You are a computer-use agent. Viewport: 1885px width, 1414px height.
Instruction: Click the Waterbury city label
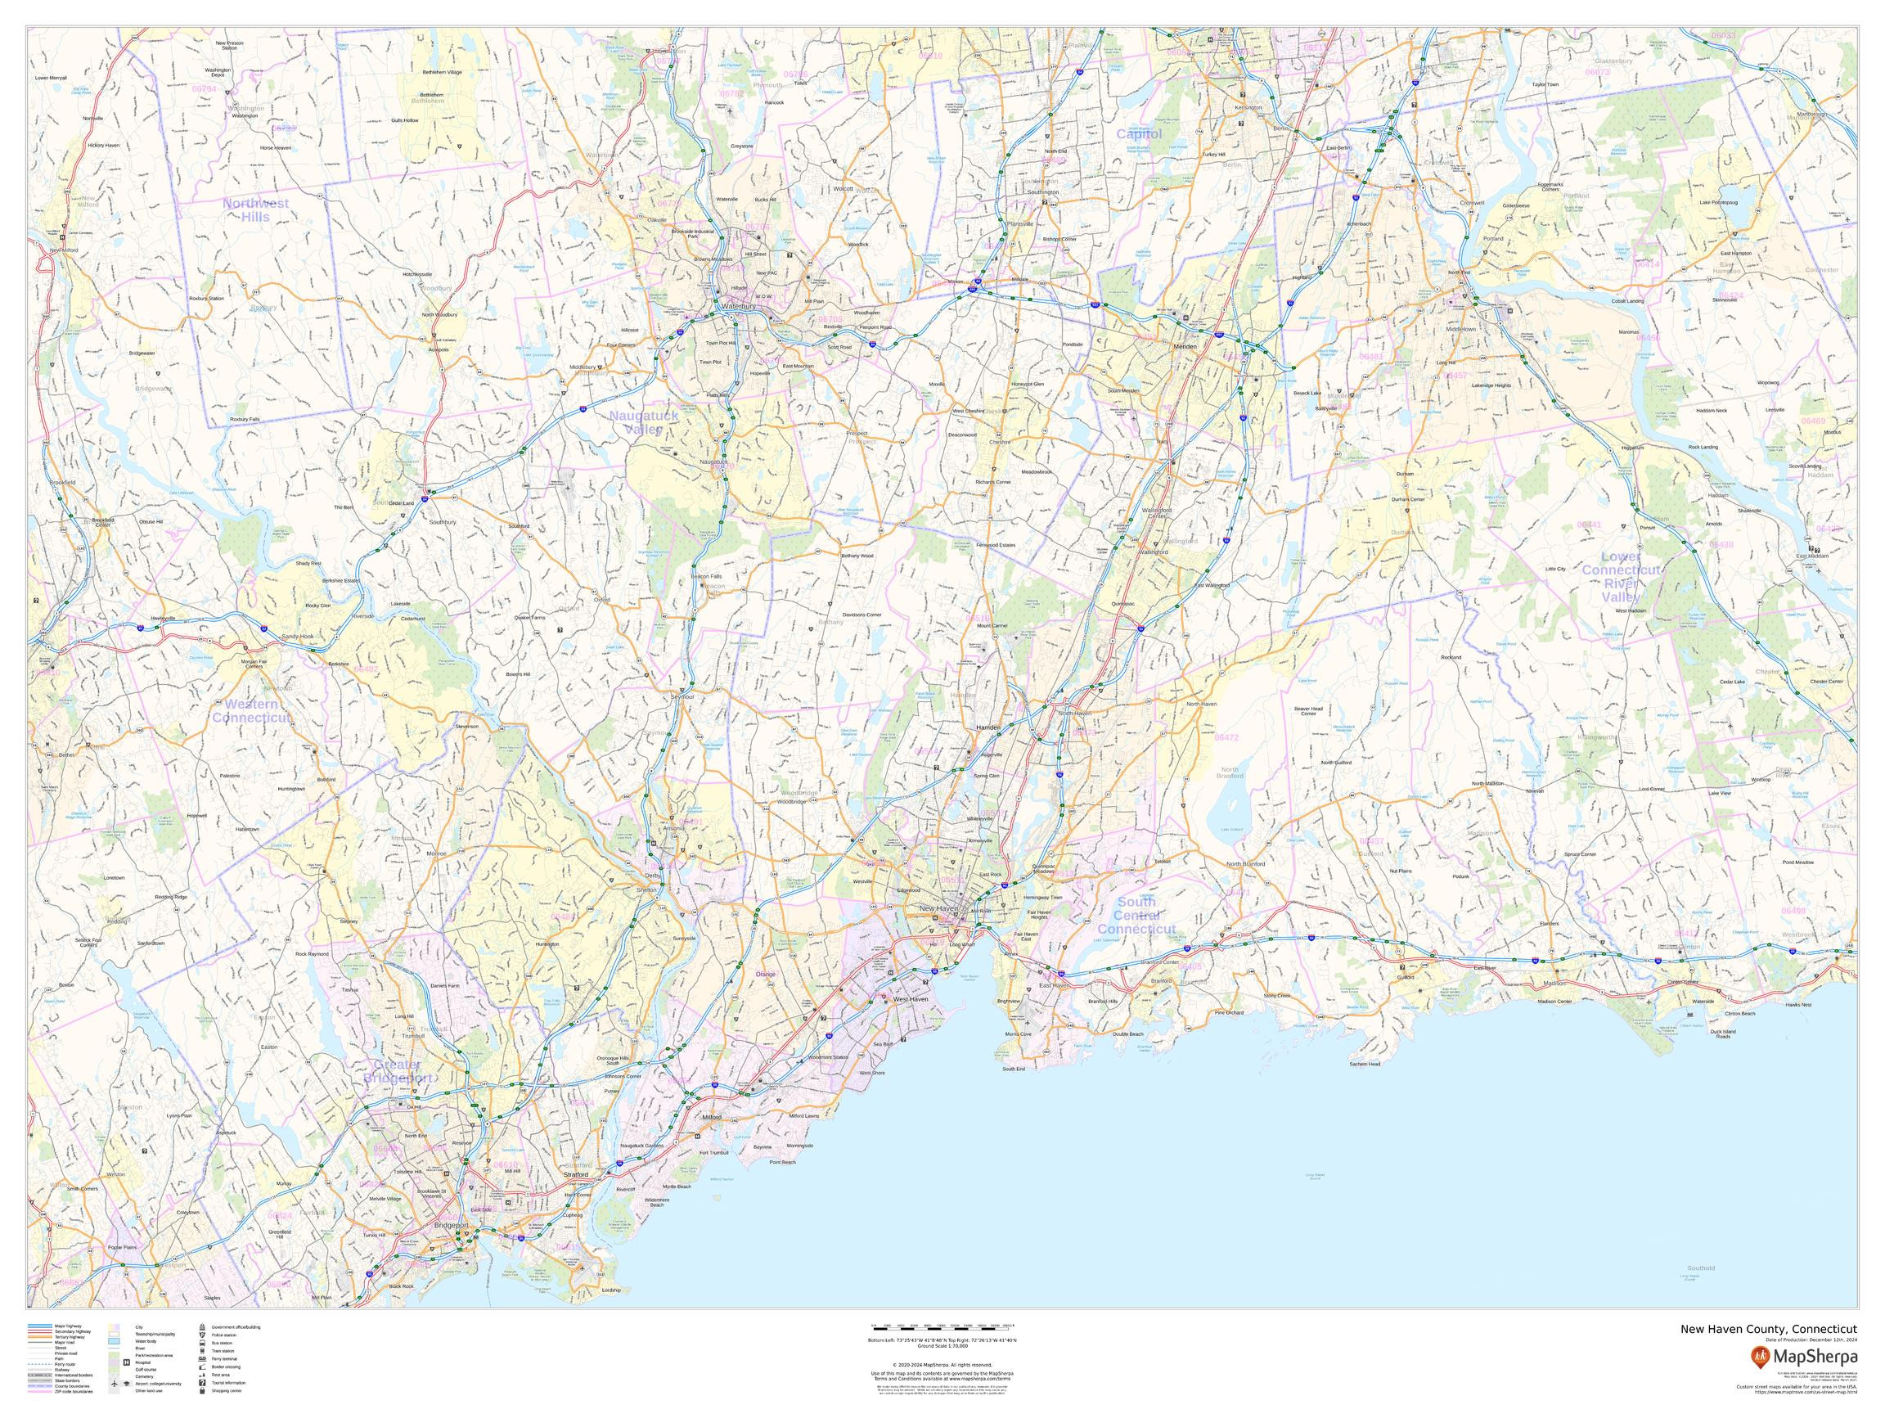[x=733, y=306]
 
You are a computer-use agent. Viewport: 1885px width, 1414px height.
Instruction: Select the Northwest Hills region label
[x=254, y=209]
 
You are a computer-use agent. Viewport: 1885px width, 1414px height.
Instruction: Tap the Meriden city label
[x=1185, y=347]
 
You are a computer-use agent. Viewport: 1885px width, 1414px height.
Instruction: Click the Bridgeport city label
[x=452, y=1225]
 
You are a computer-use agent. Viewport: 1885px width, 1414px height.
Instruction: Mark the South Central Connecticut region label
[x=1136, y=916]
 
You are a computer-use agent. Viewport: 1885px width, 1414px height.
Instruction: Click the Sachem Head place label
[x=1365, y=1064]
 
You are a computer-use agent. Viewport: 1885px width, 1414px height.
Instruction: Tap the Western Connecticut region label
[x=250, y=711]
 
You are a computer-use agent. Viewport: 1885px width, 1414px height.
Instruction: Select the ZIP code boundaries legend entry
[x=74, y=1392]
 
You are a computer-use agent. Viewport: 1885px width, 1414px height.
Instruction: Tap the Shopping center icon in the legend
[x=203, y=1391]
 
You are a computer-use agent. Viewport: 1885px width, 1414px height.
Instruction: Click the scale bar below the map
[x=942, y=1327]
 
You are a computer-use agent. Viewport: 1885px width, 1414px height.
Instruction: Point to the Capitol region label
[x=1139, y=134]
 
